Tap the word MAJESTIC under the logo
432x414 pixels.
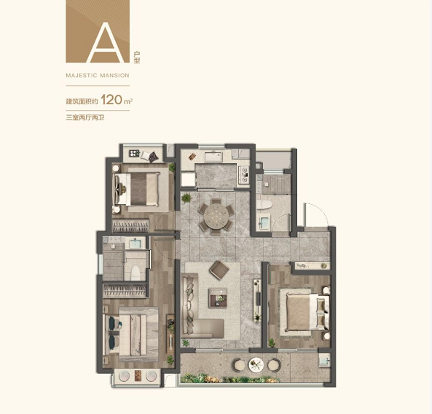(x=82, y=75)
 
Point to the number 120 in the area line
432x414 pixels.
(x=112, y=100)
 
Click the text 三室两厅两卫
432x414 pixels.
(x=85, y=118)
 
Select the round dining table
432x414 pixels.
(x=216, y=216)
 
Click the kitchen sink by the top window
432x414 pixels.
(x=213, y=157)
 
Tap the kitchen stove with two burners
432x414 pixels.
(x=244, y=175)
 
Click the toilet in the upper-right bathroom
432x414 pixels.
(x=264, y=204)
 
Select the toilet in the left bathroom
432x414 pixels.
(x=136, y=273)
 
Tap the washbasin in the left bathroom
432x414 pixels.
(x=135, y=243)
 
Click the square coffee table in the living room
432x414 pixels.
(x=218, y=297)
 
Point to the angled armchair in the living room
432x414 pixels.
(x=219, y=270)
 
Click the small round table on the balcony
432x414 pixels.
(x=256, y=365)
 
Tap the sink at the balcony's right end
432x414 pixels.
(x=325, y=359)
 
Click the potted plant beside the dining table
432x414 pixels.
(x=186, y=198)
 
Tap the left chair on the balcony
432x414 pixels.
(x=240, y=365)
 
